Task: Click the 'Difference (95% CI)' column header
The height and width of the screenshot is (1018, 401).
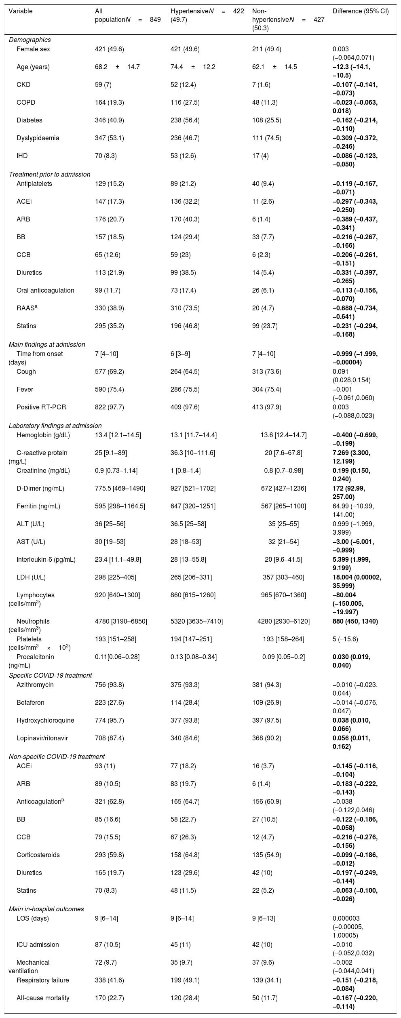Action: click(360, 11)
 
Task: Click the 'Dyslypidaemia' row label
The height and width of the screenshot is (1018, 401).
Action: click(38, 138)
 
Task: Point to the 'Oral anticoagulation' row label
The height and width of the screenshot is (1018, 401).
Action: click(45, 290)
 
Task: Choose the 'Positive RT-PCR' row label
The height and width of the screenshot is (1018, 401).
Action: click(40, 407)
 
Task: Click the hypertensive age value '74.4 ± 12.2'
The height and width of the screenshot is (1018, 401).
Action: click(193, 67)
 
